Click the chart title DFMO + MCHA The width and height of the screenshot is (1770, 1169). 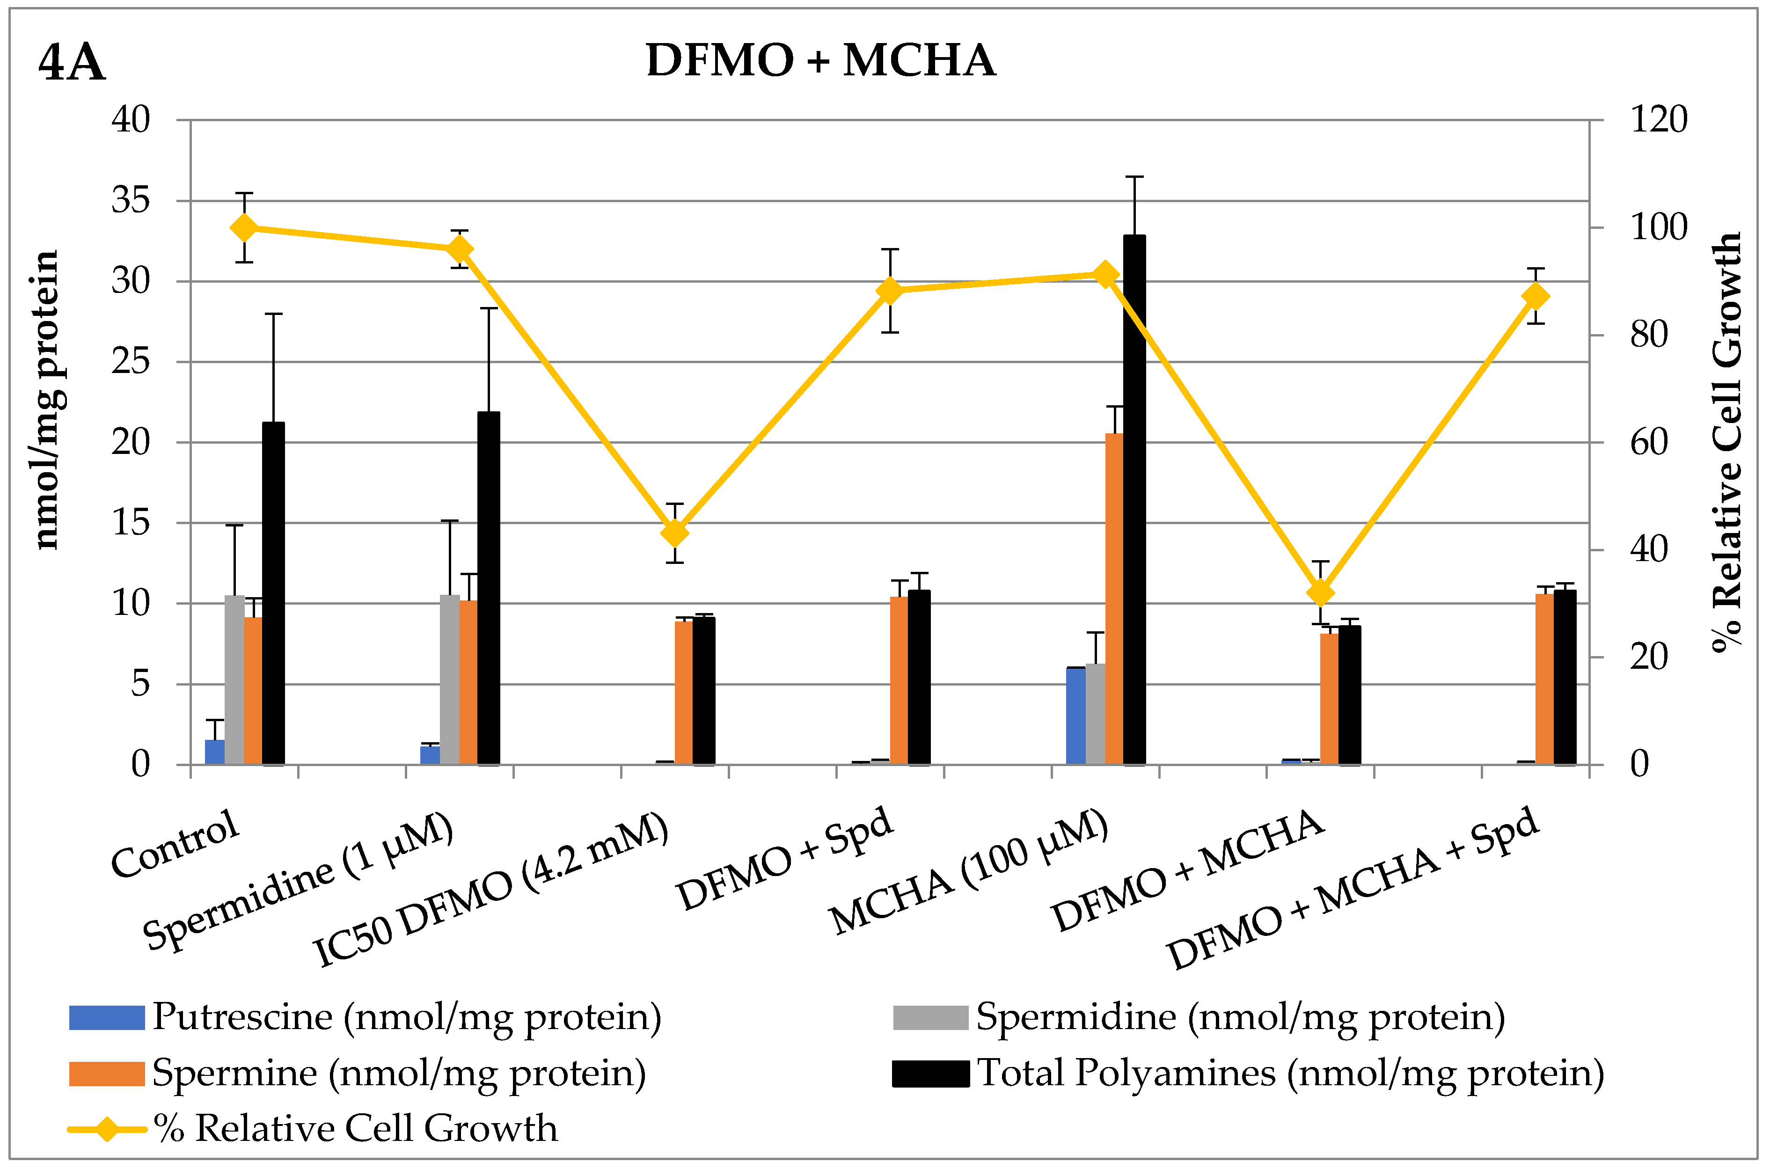[820, 59]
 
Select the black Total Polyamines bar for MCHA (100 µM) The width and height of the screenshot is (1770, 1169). [1134, 499]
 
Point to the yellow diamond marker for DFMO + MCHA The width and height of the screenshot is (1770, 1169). [1320, 593]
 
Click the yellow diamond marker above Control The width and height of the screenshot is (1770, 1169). [244, 227]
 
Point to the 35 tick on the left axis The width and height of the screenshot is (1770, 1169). [131, 201]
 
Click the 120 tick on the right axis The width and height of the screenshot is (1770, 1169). [1658, 120]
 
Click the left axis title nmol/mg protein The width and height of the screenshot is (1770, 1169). [47, 401]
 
